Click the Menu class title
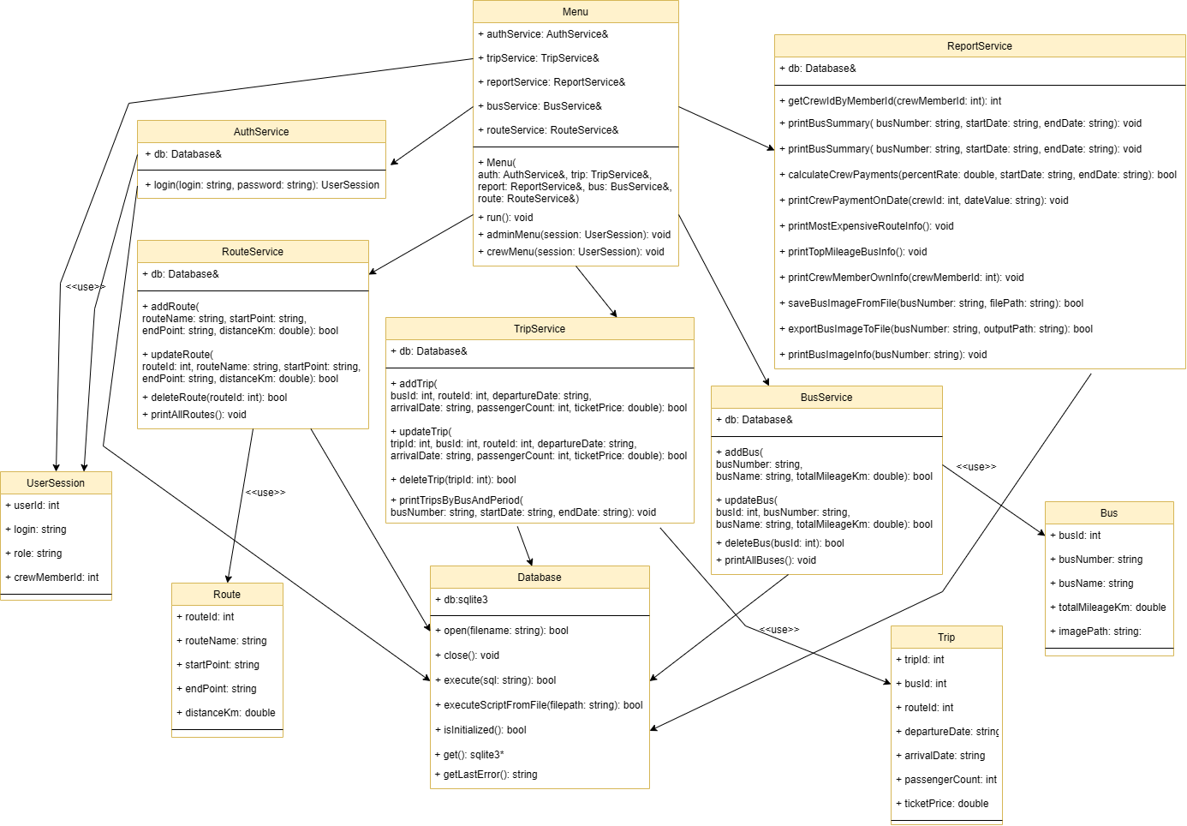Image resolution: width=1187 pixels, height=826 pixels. point(576,12)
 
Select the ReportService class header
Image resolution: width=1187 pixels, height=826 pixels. point(979,46)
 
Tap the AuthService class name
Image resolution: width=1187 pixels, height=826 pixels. point(261,132)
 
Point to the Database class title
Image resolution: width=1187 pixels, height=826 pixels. point(540,578)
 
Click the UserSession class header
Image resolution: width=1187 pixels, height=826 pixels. point(56,483)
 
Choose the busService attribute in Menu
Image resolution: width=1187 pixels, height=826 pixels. point(544,106)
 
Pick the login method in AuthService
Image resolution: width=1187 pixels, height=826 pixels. point(265,185)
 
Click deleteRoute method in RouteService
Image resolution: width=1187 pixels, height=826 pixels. point(218,398)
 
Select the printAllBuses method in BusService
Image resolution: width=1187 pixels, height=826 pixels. point(770,560)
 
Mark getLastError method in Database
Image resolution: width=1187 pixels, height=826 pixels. point(490,775)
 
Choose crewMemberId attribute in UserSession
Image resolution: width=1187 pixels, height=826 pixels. point(56,578)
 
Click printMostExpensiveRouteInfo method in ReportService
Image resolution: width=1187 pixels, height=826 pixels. point(870,226)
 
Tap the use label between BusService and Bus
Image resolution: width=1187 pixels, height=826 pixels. point(976,467)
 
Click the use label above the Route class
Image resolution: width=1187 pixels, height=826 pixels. point(265,493)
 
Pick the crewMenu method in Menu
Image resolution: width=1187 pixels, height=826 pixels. point(575,252)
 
